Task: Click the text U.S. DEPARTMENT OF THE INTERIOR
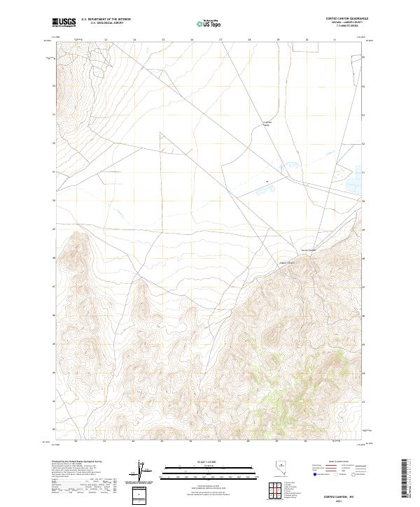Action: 106,19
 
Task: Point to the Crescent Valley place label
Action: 267,124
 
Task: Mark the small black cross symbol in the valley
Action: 267,182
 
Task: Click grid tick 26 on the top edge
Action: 192,40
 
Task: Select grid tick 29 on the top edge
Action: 279,40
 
